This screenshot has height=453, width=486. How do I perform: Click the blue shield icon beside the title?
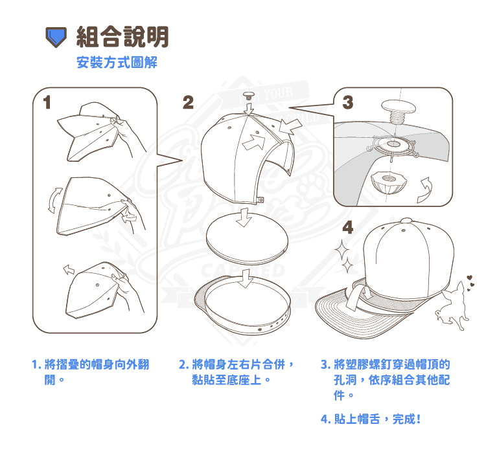click(56, 37)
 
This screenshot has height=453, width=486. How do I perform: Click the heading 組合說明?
click(122, 37)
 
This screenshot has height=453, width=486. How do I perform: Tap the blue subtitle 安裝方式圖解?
click(117, 62)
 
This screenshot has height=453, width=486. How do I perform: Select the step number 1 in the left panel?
click(47, 102)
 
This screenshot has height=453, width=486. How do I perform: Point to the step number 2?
click(188, 102)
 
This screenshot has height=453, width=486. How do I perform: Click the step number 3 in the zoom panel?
click(348, 102)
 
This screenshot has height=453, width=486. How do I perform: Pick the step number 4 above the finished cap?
click(348, 228)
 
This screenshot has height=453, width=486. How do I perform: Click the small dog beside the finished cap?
click(453, 305)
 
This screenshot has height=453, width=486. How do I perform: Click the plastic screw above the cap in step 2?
click(248, 95)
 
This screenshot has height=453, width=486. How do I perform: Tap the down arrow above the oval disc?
click(244, 217)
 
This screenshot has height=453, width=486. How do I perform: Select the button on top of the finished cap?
click(406, 221)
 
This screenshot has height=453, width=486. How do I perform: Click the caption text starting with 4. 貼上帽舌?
click(371, 419)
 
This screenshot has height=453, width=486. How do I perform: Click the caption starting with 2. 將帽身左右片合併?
click(236, 372)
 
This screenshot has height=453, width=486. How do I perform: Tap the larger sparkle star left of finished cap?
click(342, 250)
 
